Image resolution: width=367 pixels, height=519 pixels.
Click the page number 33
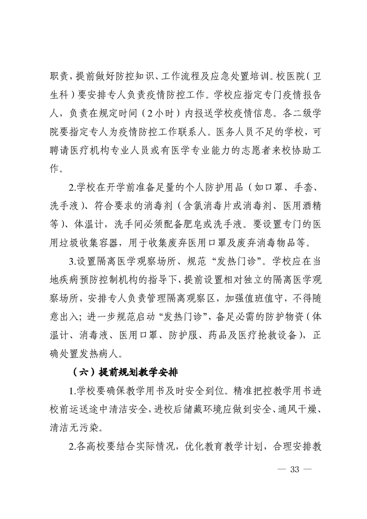(294, 470)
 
